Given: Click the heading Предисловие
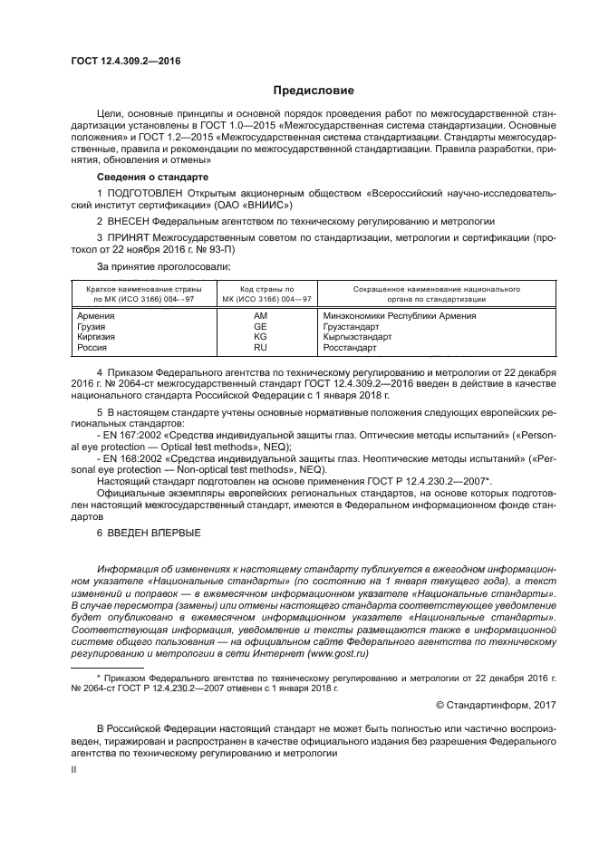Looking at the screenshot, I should tap(314, 91).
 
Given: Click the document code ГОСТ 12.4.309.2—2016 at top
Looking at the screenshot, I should tap(125, 61).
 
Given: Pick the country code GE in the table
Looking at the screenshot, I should tap(260, 326).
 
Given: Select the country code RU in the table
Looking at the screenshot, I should tap(260, 346).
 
